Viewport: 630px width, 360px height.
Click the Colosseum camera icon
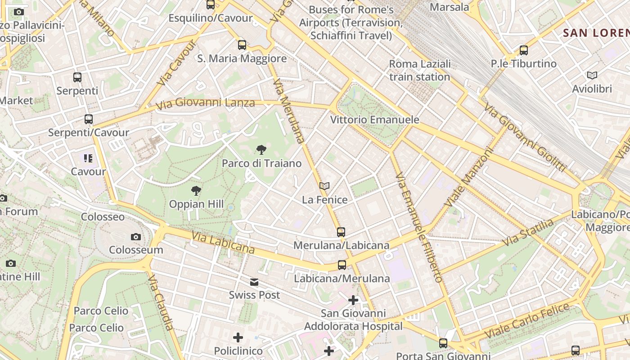tap(135, 237)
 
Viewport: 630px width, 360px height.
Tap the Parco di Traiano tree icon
tap(261, 150)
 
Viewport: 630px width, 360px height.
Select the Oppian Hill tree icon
tap(196, 191)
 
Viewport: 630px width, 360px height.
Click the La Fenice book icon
tap(324, 186)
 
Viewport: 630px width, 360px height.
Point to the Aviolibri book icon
tap(592, 75)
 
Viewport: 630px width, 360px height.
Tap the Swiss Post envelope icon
tap(254, 282)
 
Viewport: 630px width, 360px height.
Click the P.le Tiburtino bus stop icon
tap(523, 50)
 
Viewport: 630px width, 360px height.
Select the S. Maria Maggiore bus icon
tap(242, 45)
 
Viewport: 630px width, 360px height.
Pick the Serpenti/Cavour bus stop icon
tap(89, 119)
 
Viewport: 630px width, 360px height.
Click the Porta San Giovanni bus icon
tap(443, 343)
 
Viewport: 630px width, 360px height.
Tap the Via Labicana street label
tap(223, 243)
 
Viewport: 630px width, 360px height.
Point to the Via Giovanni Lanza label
tap(205, 104)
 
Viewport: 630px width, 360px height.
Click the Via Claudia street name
tap(161, 302)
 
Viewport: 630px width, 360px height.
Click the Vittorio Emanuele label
tap(375, 120)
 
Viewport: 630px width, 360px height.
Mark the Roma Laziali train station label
tap(420, 70)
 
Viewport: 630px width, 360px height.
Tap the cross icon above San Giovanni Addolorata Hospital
tap(353, 300)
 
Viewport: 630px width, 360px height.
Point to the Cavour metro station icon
tap(88, 158)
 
